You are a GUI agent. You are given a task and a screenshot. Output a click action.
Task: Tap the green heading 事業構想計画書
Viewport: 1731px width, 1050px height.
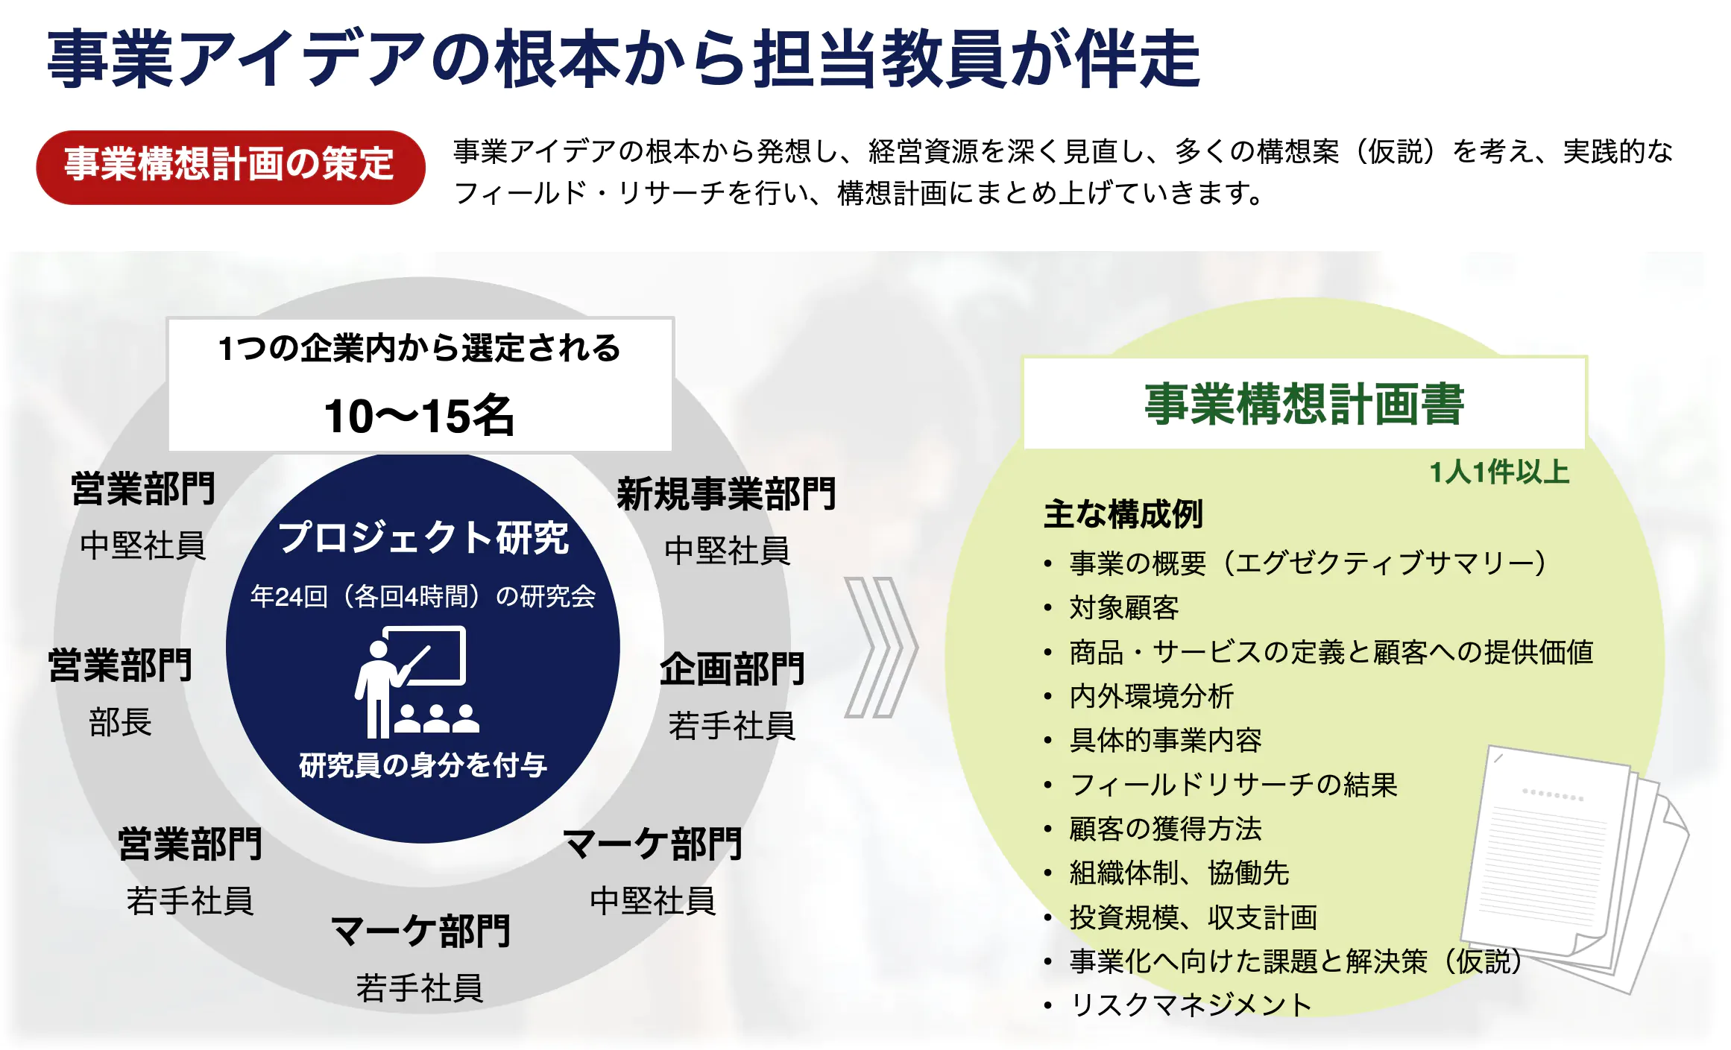tap(1305, 404)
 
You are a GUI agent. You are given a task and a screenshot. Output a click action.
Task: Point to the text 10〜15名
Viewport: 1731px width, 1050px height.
tap(420, 415)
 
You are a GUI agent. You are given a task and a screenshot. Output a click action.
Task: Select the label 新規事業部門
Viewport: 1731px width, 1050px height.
tap(727, 494)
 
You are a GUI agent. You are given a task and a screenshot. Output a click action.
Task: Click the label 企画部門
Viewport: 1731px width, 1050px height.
tap(732, 668)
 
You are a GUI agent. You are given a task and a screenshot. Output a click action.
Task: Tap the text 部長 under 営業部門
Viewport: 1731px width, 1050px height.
tap(120, 721)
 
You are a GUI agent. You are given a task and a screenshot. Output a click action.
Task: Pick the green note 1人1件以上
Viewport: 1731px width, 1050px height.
tap(1499, 472)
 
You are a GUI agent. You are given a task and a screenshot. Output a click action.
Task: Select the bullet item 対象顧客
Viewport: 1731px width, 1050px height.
tap(1124, 607)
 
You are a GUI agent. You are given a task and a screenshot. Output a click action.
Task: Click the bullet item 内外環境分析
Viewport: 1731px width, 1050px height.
tap(1152, 696)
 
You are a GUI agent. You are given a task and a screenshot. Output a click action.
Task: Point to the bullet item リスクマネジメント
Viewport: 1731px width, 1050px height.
tap(1191, 1005)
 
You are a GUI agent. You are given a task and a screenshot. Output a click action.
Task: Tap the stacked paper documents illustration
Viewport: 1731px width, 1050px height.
tap(1573, 868)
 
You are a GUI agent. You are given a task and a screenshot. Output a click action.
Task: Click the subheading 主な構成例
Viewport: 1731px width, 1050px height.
tap(1123, 514)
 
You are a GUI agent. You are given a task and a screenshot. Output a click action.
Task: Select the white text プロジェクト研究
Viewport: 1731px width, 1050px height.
tap(423, 537)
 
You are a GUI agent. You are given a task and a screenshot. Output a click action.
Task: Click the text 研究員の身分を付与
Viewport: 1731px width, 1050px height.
tap(423, 765)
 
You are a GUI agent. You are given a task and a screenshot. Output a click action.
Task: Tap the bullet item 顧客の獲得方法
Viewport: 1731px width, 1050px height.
tap(1166, 829)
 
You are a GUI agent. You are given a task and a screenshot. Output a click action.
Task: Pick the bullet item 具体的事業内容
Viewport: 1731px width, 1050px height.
tap(1166, 740)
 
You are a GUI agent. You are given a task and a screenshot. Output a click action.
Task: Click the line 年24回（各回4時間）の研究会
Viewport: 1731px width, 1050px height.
tap(423, 596)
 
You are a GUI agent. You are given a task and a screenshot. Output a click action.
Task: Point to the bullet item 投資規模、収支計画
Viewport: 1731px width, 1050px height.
tap(1194, 917)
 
